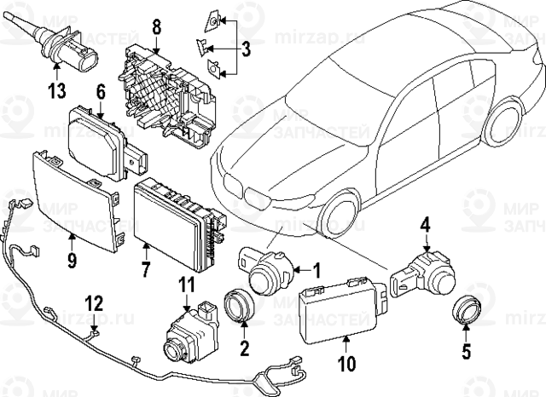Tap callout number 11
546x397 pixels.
(x=187, y=283)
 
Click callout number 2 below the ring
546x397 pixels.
(x=244, y=347)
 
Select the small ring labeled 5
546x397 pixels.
(x=466, y=308)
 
